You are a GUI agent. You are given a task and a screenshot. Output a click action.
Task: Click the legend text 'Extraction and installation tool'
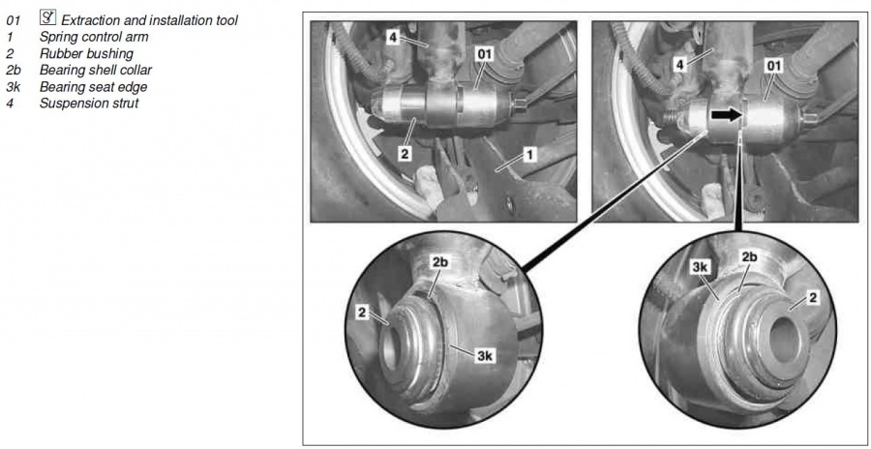pos(149,20)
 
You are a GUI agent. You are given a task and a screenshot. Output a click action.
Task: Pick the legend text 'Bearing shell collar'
pos(96,70)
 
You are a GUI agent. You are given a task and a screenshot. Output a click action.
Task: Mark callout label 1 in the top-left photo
pos(530,153)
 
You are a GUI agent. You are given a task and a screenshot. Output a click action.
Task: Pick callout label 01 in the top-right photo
pos(773,66)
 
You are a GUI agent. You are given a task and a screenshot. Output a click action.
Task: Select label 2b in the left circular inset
pos(439,262)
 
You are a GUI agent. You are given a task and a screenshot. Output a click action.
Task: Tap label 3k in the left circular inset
pos(485,356)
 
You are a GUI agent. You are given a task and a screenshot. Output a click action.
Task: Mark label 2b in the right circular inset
pos(748,256)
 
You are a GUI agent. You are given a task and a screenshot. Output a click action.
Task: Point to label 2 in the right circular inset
pos(814,299)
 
